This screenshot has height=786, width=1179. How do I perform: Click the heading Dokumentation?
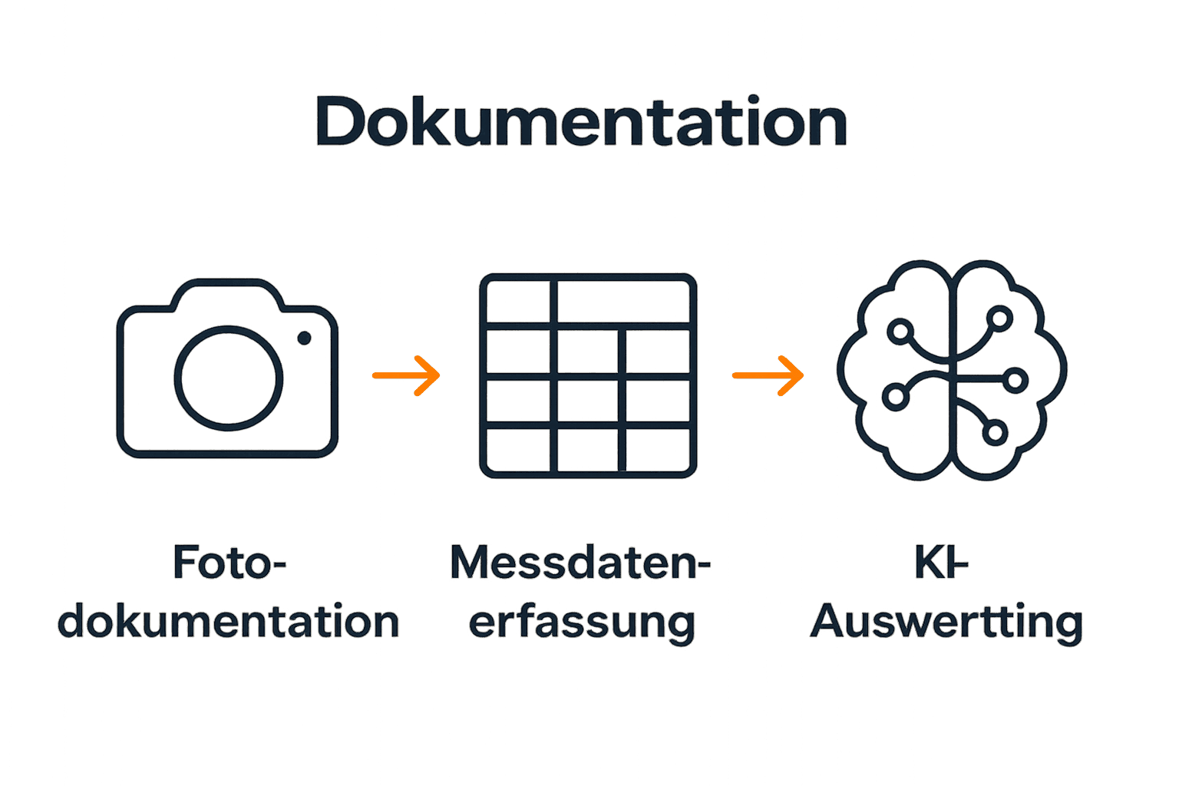tap(581, 122)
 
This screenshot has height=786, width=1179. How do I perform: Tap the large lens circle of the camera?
tap(228, 378)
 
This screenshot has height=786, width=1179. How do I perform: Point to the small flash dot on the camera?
tap(304, 338)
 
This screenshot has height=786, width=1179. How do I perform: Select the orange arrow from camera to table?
tap(407, 375)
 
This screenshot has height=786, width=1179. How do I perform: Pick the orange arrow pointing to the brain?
tap(768, 375)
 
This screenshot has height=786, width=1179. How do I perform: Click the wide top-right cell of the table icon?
tap(623, 302)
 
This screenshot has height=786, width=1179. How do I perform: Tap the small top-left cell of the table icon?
tap(518, 302)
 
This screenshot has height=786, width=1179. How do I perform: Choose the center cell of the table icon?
tap(587, 401)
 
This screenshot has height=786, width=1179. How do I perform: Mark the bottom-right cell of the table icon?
tap(657, 450)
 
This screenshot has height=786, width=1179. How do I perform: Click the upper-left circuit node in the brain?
tap(900, 332)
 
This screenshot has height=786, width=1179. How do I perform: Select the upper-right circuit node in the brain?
tap(999, 317)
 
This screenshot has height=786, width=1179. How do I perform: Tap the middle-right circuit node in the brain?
tap(1015, 380)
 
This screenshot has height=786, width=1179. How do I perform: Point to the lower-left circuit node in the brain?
tap(895, 397)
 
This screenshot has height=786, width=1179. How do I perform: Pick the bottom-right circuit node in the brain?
tap(994, 432)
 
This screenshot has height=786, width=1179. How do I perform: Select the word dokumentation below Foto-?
tap(229, 621)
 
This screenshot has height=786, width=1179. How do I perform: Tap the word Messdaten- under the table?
tap(580, 563)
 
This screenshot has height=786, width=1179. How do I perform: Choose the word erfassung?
tap(582, 623)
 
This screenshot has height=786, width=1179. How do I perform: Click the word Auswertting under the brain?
tap(946, 621)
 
